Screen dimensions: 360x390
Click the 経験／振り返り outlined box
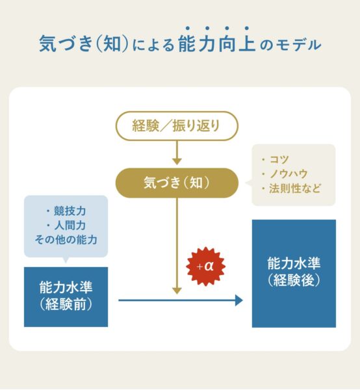click(x=177, y=126)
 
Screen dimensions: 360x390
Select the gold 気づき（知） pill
click(x=177, y=183)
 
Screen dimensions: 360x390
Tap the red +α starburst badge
click(x=205, y=266)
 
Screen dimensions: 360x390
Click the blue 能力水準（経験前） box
click(x=66, y=297)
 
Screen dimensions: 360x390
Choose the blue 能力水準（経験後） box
click(x=294, y=274)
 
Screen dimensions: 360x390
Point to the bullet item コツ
click(x=276, y=159)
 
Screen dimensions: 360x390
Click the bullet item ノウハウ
click(x=285, y=174)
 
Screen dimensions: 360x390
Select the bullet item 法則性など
click(x=291, y=188)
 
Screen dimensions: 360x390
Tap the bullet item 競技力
click(x=66, y=211)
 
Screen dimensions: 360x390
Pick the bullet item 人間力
click(x=66, y=226)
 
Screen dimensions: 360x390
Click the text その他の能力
click(x=66, y=240)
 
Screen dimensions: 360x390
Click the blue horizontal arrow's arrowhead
click(x=239, y=300)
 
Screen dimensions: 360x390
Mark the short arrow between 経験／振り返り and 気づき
click(x=177, y=153)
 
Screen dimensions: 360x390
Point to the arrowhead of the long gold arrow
click(x=177, y=291)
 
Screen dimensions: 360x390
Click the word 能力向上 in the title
click(x=217, y=44)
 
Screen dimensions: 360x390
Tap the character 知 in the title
click(x=112, y=44)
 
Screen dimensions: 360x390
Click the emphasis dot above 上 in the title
click(x=247, y=28)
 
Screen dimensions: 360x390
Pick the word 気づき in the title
click(x=66, y=44)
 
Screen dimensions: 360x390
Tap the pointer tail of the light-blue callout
click(x=66, y=260)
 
